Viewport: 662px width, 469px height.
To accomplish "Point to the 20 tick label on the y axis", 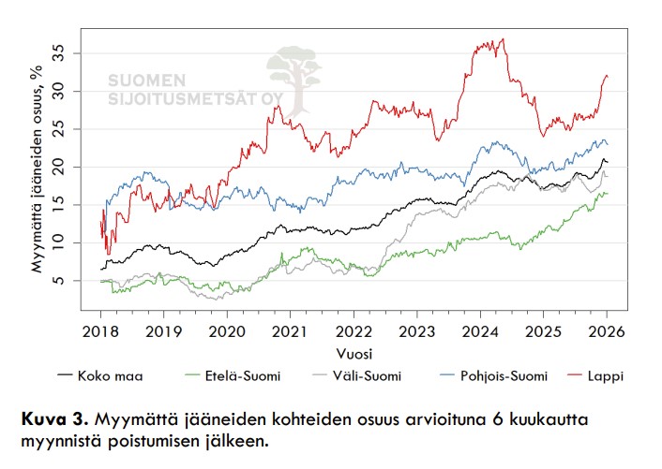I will (62, 167).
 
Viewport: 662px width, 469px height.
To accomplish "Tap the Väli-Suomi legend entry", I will (369, 376).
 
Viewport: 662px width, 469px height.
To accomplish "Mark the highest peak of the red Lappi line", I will (504, 39).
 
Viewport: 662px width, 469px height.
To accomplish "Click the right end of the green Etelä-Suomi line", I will (607, 193).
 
